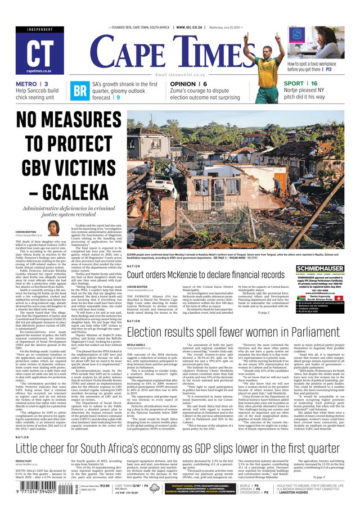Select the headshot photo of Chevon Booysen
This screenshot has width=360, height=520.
tap(53, 228)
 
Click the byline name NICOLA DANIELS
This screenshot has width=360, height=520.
tap(137, 344)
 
